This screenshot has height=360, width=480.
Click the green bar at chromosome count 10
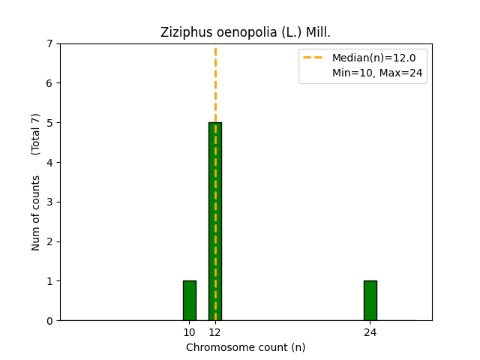coord(189,300)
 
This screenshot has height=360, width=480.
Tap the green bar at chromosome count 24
coord(370,300)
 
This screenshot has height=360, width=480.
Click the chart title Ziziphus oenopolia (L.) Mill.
coord(245,32)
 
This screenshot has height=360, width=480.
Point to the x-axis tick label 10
coord(189,332)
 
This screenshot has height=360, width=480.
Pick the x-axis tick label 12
coord(215,332)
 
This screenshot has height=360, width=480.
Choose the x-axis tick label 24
coord(370,332)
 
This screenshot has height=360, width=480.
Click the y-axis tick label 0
coord(50,321)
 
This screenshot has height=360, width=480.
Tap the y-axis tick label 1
coord(50,281)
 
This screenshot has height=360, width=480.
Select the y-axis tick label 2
coord(50,241)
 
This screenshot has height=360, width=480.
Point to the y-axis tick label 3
coord(50,202)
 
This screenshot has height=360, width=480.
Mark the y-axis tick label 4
coord(50,162)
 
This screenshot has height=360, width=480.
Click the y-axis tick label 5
coord(50,122)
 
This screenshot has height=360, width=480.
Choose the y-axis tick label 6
coord(50,83)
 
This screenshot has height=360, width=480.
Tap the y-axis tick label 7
coord(50,43)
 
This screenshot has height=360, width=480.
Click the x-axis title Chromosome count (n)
coord(245,347)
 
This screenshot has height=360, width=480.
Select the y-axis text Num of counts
coord(36,213)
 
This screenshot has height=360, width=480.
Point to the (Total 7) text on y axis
coord(36,133)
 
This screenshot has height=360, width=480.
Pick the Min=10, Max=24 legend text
coord(377,73)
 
